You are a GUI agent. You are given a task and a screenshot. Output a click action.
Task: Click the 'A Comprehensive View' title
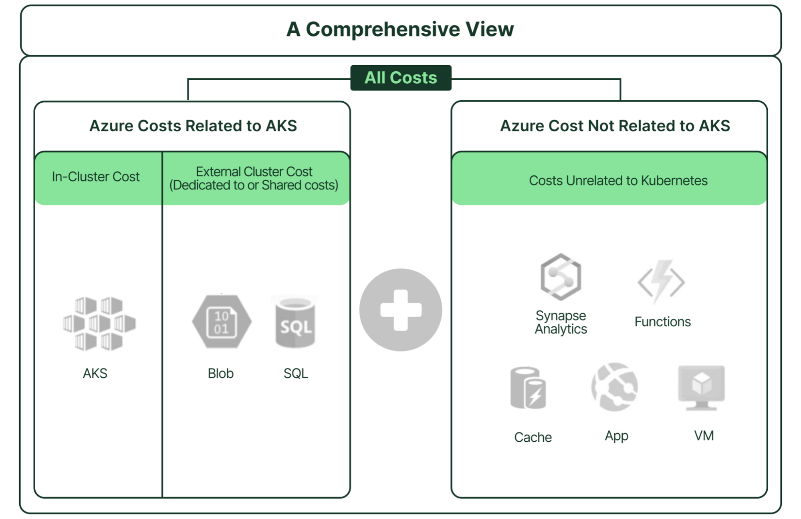click(x=400, y=29)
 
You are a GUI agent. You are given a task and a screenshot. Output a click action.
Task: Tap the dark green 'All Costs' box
click(x=401, y=78)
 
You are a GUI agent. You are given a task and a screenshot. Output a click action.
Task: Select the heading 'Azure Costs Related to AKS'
click(x=193, y=126)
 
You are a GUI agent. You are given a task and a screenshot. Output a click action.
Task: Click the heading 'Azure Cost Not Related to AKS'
click(x=615, y=126)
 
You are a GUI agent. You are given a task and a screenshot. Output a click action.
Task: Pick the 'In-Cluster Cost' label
click(x=96, y=177)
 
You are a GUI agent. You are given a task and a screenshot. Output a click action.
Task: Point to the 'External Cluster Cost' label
click(x=254, y=171)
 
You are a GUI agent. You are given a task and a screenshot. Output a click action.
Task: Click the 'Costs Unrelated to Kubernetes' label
click(x=618, y=181)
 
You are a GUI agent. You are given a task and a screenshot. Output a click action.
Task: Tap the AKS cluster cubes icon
click(x=99, y=324)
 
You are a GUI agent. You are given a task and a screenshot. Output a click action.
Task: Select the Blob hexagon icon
click(x=222, y=322)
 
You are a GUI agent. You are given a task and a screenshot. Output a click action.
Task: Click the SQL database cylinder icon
click(x=295, y=322)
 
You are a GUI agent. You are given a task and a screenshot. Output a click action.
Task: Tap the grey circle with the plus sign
click(x=401, y=310)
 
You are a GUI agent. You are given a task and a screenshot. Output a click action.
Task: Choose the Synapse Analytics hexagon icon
click(x=561, y=277)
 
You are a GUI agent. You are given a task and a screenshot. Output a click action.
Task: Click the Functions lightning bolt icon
click(x=662, y=281)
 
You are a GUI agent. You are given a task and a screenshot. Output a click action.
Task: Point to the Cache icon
click(x=528, y=388)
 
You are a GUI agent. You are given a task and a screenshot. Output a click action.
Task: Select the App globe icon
click(x=615, y=387)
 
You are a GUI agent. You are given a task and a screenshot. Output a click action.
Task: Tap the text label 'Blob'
click(x=220, y=373)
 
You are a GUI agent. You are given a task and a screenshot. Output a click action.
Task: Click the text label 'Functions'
click(x=663, y=322)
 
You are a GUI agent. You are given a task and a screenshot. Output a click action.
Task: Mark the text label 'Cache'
click(x=533, y=437)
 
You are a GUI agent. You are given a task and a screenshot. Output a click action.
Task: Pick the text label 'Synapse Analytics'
click(x=561, y=322)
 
